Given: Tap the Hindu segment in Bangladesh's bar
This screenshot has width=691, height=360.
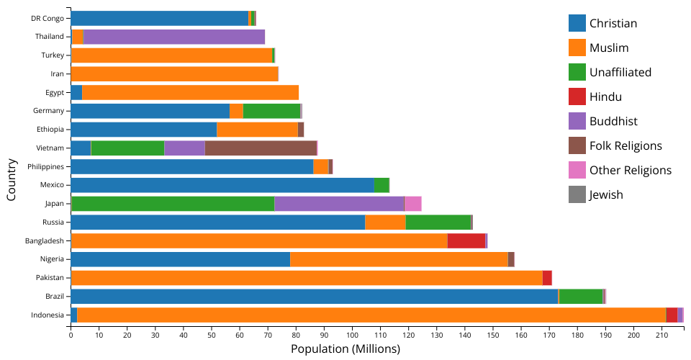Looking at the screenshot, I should click(x=466, y=240).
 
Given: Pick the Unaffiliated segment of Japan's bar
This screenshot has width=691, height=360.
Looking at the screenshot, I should click(x=173, y=204).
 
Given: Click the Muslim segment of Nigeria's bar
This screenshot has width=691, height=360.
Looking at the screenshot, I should click(x=399, y=259).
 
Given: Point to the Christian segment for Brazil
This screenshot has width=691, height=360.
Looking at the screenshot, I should click(x=314, y=296).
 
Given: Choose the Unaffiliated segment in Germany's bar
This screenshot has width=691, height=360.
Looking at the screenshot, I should click(x=271, y=111).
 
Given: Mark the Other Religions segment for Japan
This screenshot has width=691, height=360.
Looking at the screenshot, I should click(x=412, y=204).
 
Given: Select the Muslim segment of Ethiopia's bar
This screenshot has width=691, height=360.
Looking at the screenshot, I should click(x=257, y=130).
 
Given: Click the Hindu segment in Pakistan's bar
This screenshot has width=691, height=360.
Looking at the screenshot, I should click(x=547, y=278).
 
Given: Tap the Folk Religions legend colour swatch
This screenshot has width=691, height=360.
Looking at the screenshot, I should click(x=577, y=145).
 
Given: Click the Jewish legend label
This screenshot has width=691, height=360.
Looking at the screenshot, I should click(x=606, y=194).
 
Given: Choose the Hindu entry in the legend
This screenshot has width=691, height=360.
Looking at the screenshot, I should click(x=605, y=96).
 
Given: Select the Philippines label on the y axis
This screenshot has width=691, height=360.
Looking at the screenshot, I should click(x=46, y=166).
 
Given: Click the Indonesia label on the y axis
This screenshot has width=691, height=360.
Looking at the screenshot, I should click(x=48, y=315).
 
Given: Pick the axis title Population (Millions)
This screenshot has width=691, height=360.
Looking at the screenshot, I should click(x=345, y=349).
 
